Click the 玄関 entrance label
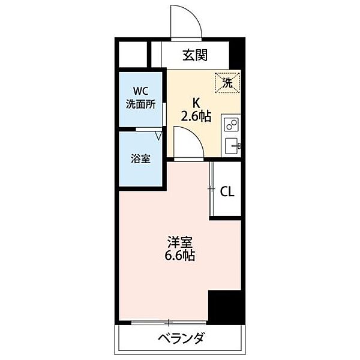[195, 56]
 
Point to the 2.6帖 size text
[196, 116]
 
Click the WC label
[140, 91]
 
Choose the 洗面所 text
[140, 104]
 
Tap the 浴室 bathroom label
[140, 159]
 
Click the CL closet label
[227, 192]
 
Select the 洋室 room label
[179, 242]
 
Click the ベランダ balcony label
[181, 339]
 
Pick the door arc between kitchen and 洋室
[190, 143]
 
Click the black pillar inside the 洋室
[226, 307]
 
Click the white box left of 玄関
[133, 55]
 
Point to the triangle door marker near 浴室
[158, 136]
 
